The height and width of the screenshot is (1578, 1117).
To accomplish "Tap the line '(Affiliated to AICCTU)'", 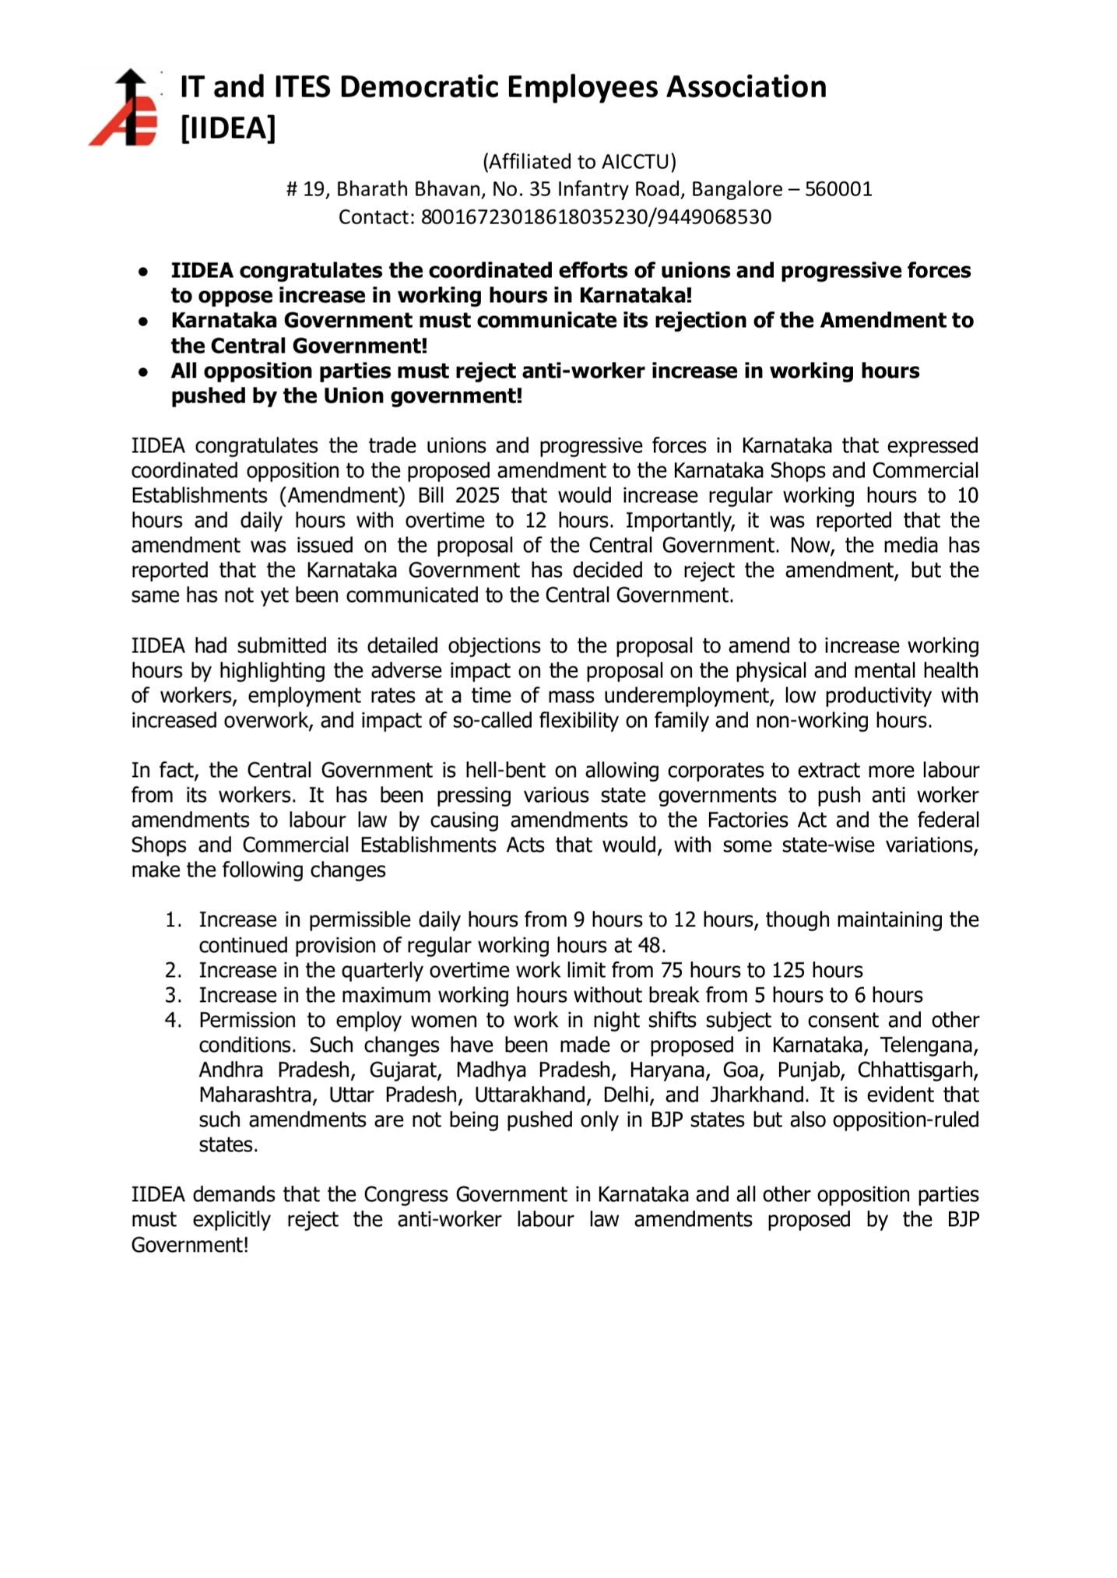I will [x=579, y=161].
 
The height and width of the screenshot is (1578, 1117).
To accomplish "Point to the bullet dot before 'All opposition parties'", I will [x=143, y=372].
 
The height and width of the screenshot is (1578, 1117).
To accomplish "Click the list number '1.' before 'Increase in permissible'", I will [x=174, y=920].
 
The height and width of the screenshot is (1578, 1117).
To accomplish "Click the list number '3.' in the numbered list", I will [x=174, y=996].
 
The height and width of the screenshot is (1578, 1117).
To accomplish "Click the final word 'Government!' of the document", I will [x=190, y=1246].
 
